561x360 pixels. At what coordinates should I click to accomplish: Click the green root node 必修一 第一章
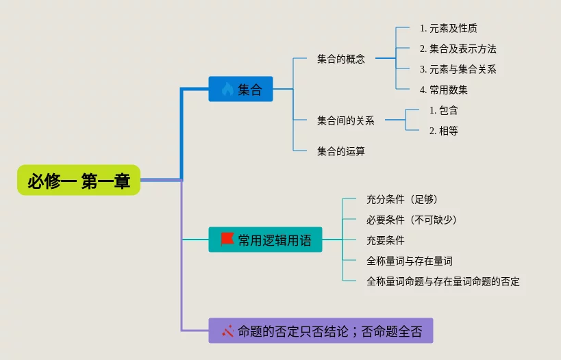(79, 180)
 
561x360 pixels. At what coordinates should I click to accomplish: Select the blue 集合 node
(240, 89)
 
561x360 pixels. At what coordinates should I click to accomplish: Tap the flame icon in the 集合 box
(227, 89)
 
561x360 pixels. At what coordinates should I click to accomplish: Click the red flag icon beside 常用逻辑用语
(227, 239)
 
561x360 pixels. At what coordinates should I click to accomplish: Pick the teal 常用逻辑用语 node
(265, 240)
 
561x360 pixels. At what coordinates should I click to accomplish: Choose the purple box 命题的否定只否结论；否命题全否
(321, 331)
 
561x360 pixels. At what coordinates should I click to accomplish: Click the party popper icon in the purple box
(228, 331)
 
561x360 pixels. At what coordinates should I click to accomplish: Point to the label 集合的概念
(341, 59)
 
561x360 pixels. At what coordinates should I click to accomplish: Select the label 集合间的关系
(346, 120)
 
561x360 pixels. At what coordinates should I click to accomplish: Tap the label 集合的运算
(341, 151)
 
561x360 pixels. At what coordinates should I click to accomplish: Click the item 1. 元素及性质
(448, 28)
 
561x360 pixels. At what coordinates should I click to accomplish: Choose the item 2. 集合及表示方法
(458, 49)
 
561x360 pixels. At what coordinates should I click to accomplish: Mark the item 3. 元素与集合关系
(458, 69)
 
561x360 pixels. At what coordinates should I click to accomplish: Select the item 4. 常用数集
(444, 90)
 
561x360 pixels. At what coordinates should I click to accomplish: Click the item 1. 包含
(444, 110)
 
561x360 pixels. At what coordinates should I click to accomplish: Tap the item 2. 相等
(444, 131)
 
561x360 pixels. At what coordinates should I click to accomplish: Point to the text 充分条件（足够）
(402, 199)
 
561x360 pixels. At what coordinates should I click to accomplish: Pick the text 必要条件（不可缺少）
(412, 220)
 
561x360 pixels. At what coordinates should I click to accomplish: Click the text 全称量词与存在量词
(410, 261)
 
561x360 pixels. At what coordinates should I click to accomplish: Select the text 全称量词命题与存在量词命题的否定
(443, 281)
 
